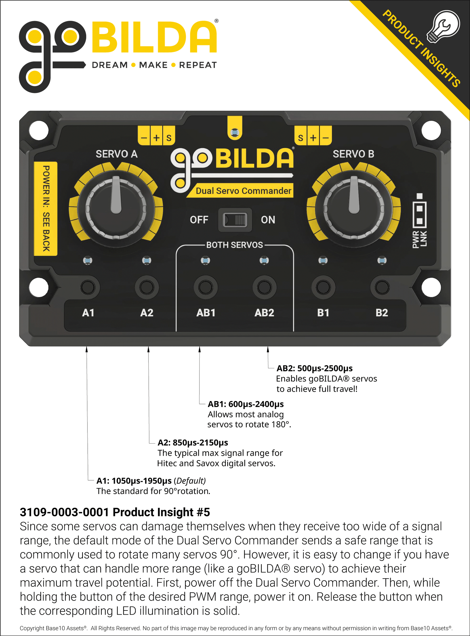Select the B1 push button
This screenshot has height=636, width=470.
pyautogui.click(x=323, y=287)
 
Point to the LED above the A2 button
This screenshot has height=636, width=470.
pyautogui.click(x=147, y=260)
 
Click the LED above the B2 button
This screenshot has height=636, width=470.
pyautogui.click(x=382, y=260)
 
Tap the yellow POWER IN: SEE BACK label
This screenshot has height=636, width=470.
pyautogui.click(x=46, y=208)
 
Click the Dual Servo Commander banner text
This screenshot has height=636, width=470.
pyautogui.click(x=243, y=191)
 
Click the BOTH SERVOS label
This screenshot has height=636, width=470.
pyautogui.click(x=235, y=245)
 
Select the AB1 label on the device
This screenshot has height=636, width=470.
pyautogui.click(x=206, y=313)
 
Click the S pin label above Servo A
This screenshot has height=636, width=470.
pyautogui.click(x=169, y=138)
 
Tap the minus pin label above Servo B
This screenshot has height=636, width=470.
pyautogui.click(x=326, y=138)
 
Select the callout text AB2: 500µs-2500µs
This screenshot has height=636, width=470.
pyautogui.click(x=314, y=368)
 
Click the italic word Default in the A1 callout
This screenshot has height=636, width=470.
pyautogui.click(x=190, y=481)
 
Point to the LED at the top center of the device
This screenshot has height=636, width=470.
pyautogui.click(x=235, y=132)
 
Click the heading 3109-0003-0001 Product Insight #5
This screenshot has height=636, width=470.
pyautogui.click(x=115, y=512)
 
